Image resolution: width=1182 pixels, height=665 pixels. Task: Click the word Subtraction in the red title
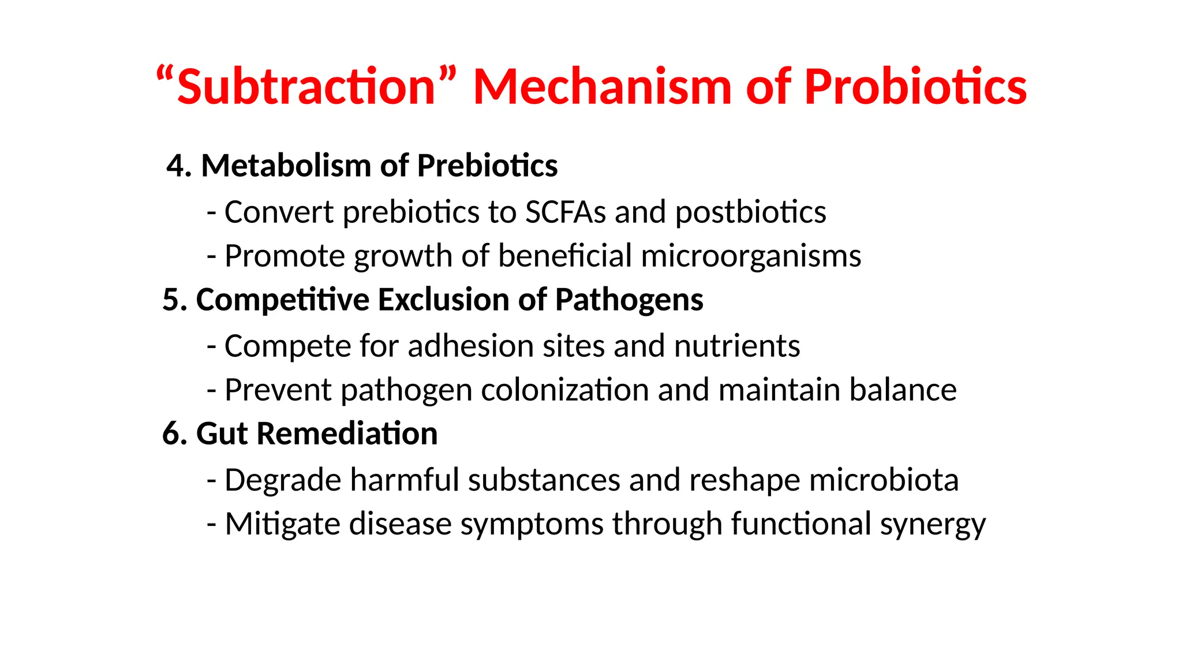(x=306, y=87)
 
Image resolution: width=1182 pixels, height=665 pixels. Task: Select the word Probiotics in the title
(x=915, y=87)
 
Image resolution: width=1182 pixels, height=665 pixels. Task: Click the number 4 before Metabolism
(x=175, y=166)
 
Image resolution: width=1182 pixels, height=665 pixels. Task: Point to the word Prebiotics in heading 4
(x=487, y=166)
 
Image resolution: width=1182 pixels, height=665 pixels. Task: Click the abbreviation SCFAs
(x=565, y=212)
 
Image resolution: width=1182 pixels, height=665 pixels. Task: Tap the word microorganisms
(x=750, y=256)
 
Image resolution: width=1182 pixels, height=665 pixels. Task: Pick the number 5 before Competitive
(x=171, y=300)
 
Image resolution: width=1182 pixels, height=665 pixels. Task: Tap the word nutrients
(x=736, y=346)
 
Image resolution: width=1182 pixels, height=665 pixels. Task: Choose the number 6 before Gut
(x=171, y=434)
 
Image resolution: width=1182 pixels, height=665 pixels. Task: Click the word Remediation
(x=346, y=434)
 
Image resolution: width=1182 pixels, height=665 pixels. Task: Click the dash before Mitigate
(x=212, y=525)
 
